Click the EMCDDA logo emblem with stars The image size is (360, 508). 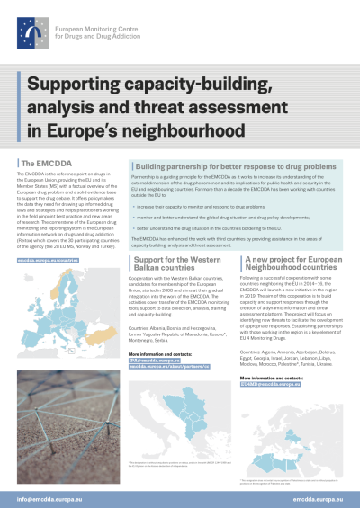tap(33, 33)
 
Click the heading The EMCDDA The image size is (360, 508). tap(40, 163)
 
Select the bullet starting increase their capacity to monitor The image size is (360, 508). tap(206, 205)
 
